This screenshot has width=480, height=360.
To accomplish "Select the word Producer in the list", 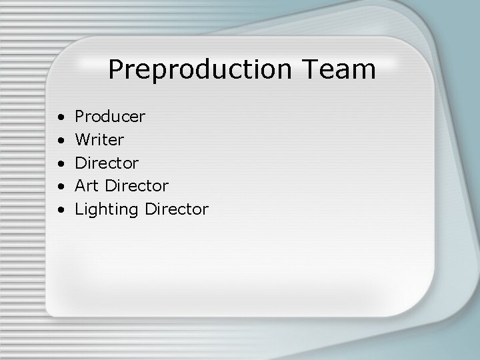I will tap(110, 117).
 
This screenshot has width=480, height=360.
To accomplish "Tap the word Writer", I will tap(99, 140).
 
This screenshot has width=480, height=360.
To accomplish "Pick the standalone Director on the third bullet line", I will tap(107, 163).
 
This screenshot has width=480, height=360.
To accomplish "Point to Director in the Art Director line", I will tap(137, 185).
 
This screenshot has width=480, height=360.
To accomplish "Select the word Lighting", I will tap(107, 210).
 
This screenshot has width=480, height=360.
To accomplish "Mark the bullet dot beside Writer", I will tap(61, 141).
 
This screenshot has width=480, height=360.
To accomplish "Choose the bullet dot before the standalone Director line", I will tap(61, 163).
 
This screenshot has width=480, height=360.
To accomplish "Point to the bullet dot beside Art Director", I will tap(61, 186).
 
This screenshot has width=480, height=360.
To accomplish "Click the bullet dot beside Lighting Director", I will tap(61, 210).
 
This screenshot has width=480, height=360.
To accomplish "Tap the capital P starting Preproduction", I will tap(115, 69).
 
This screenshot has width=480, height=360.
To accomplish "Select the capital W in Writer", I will tap(82, 140).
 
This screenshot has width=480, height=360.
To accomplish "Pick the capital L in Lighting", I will tap(79, 209).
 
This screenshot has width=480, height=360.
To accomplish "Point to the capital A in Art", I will tap(80, 185).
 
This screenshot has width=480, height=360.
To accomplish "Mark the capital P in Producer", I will tap(79, 117).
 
